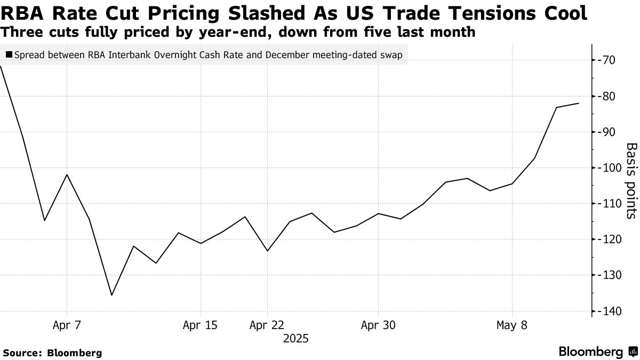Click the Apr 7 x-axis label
click(67, 325)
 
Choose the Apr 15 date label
click(200, 325)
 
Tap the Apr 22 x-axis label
click(267, 325)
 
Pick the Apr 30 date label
click(378, 325)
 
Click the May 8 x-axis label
click(512, 325)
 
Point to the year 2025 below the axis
click(296, 338)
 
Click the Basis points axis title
click(631, 180)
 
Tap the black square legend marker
click(9, 54)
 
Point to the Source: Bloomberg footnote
click(52, 353)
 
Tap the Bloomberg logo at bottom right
click(597, 352)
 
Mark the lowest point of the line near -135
click(111, 295)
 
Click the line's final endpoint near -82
click(579, 103)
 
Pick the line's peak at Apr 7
click(67, 175)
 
